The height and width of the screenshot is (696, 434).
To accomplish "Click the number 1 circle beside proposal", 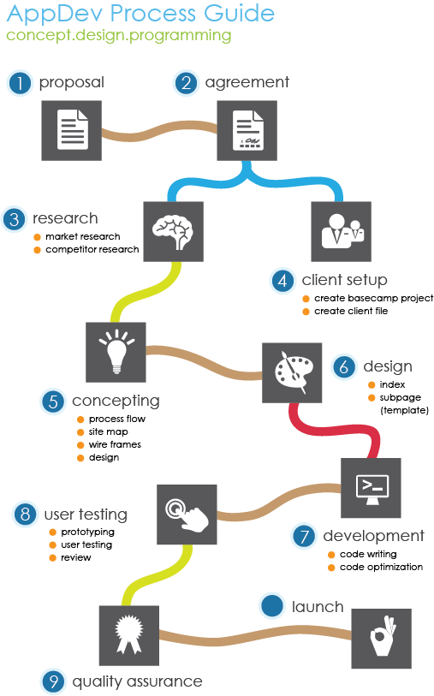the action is coord(20,83).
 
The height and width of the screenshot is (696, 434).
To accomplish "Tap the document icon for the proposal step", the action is coord(71,130).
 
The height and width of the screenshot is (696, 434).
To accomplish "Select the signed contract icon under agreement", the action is coord(247,130).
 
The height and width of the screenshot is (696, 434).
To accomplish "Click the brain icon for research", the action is coord(174,232).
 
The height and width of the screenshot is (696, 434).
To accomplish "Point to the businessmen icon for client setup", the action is coord(342,232).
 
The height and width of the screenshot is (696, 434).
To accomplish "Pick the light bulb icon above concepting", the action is coord(116,353).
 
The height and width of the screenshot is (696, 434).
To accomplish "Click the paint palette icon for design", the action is coord(292,373).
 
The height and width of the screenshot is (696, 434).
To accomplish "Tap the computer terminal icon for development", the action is coord(371,488).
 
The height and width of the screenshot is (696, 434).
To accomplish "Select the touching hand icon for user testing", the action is coord(187,515).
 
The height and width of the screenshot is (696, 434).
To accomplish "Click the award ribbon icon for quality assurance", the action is coord(129,635).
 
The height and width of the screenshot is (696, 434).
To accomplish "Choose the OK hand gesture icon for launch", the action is coord(382,639).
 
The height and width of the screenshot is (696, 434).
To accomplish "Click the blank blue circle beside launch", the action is coord(272,606).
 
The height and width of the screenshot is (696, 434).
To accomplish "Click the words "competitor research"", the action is coord(92,249).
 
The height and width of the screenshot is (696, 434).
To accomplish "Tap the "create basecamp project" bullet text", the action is coord(373,298).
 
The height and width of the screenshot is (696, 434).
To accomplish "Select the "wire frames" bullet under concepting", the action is coord(115,444).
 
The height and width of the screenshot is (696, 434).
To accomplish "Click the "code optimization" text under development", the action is coord(381,567).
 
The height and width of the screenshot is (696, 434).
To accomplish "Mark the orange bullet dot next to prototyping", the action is coord(52,532).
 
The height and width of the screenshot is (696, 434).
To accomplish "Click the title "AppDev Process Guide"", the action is coord(140,14).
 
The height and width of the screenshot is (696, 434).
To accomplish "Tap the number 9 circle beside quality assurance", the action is coord(54,681).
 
